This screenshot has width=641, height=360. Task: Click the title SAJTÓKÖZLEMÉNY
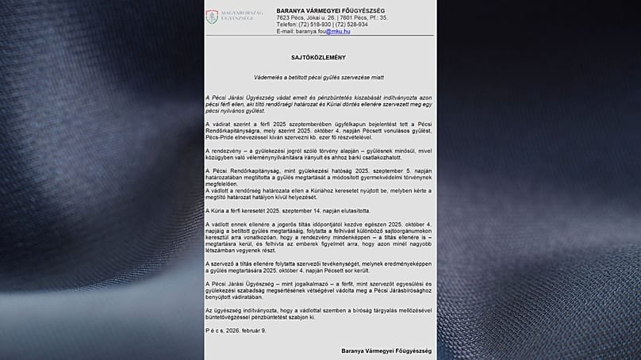coord(320,59)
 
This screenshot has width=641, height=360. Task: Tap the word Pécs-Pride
coord(221,138)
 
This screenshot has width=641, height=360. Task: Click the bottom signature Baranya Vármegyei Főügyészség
coord(386,350)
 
